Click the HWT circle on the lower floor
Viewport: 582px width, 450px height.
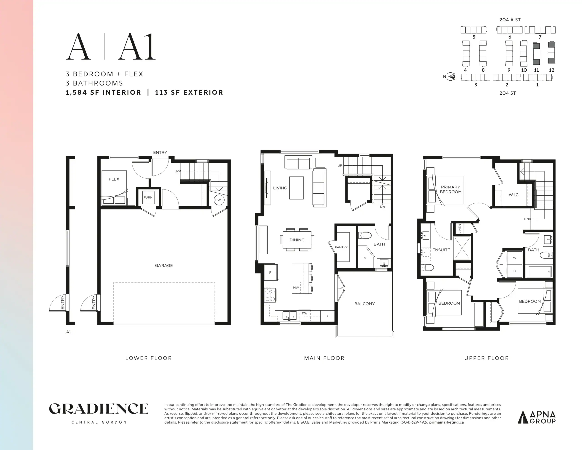pos(219,200)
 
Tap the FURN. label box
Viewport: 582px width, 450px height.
pos(148,198)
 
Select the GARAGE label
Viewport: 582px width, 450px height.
pos(164,265)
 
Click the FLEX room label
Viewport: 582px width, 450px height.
pos(114,179)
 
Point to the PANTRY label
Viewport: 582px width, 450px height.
pos(341,247)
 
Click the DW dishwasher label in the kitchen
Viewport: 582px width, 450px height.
pos(305,313)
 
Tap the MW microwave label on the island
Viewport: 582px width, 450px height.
pos(296,288)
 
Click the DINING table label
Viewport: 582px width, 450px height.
pos(297,240)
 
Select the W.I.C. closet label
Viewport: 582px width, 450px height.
pos(514,195)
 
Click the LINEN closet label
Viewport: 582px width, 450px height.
pos(460,229)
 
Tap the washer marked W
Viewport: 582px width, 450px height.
pos(514,258)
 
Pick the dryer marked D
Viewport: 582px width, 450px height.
pos(514,271)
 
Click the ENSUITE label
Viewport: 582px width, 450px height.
pos(441,250)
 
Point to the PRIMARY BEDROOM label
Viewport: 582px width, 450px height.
pos(451,189)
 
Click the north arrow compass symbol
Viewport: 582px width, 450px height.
pos(451,77)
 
